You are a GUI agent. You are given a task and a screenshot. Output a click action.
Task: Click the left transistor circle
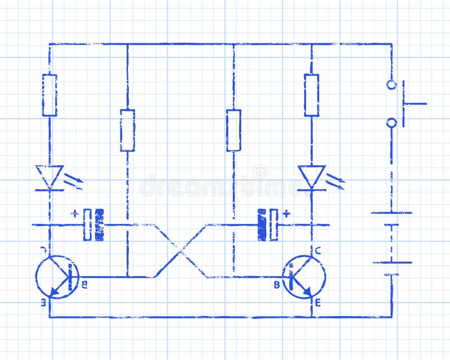pyautogui.click(x=57, y=277)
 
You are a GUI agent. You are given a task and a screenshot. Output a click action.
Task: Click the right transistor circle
pyautogui.click(x=304, y=277)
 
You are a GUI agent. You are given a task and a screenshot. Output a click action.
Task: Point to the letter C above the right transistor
pyautogui.click(x=318, y=251)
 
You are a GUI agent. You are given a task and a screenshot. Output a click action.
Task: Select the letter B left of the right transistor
pyautogui.click(x=277, y=285)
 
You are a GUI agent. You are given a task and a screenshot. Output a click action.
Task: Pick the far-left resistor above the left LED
pyautogui.click(x=49, y=94)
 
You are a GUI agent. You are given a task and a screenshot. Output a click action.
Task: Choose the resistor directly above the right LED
pyautogui.click(x=312, y=94)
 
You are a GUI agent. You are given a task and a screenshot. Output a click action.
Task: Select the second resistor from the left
pyautogui.click(x=127, y=130)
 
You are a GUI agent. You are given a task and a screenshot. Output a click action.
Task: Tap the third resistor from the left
pyautogui.click(x=233, y=130)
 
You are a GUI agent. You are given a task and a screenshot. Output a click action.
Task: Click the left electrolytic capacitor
pyautogui.click(x=94, y=224)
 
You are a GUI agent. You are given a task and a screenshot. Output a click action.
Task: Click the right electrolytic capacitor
pyautogui.click(x=268, y=224)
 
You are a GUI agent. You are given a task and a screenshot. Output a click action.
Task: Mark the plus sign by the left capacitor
pyautogui.click(x=75, y=213)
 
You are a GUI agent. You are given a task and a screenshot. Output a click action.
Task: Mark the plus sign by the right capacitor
pyautogui.click(x=286, y=213)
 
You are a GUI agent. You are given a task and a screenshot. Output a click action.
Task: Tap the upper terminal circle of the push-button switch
pyautogui.click(x=391, y=85)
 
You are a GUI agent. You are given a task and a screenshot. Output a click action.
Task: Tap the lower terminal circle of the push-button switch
pyautogui.click(x=391, y=123)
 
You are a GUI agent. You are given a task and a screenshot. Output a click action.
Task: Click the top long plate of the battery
pyautogui.click(x=391, y=213)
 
